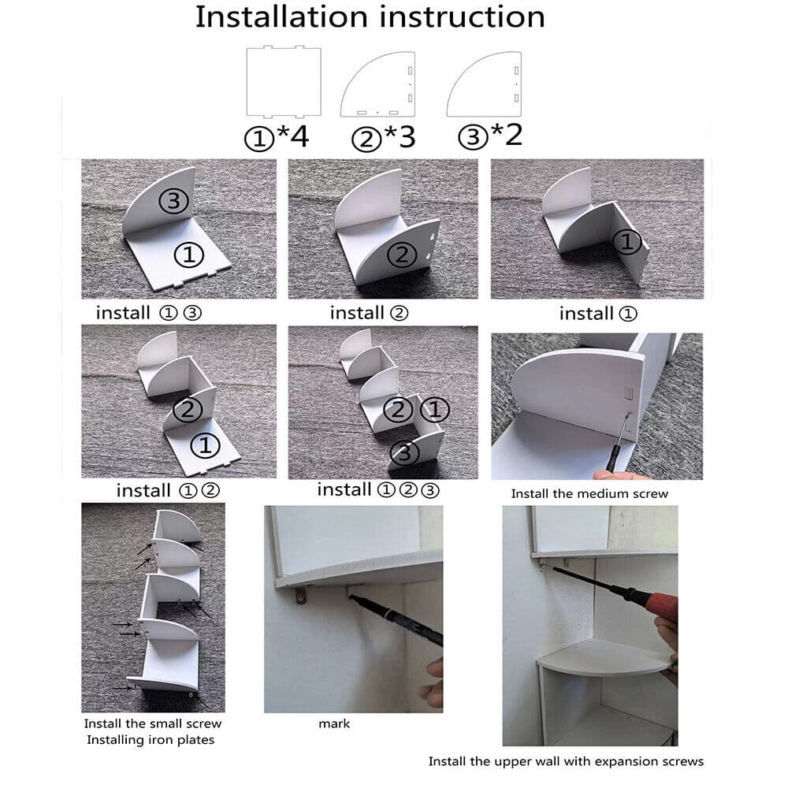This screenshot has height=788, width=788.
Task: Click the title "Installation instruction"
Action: tap(370, 17)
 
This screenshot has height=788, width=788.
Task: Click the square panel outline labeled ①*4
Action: tap(284, 81)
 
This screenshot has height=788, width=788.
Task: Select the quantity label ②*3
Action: tap(383, 137)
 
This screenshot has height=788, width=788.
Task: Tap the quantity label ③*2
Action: tap(490, 134)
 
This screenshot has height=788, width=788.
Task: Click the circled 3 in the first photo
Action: tap(174, 201)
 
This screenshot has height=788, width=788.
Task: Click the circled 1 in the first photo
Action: tap(189, 255)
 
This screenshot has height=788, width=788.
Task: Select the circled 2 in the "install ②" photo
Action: tap(403, 255)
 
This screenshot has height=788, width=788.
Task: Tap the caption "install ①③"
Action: tap(149, 313)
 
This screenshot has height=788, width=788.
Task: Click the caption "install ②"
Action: tap(369, 313)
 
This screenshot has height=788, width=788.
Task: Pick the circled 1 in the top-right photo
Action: tap(626, 243)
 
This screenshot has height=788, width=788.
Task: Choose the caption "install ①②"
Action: tap(168, 490)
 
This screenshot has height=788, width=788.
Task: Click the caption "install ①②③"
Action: tap(377, 489)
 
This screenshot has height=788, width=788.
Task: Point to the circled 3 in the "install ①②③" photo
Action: tap(404, 452)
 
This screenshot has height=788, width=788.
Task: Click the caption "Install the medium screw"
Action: tap(589, 494)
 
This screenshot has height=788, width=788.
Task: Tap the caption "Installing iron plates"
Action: tap(150, 740)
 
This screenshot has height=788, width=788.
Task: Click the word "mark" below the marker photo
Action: tap(334, 723)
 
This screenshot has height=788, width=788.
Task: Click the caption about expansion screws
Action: tap(565, 761)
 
